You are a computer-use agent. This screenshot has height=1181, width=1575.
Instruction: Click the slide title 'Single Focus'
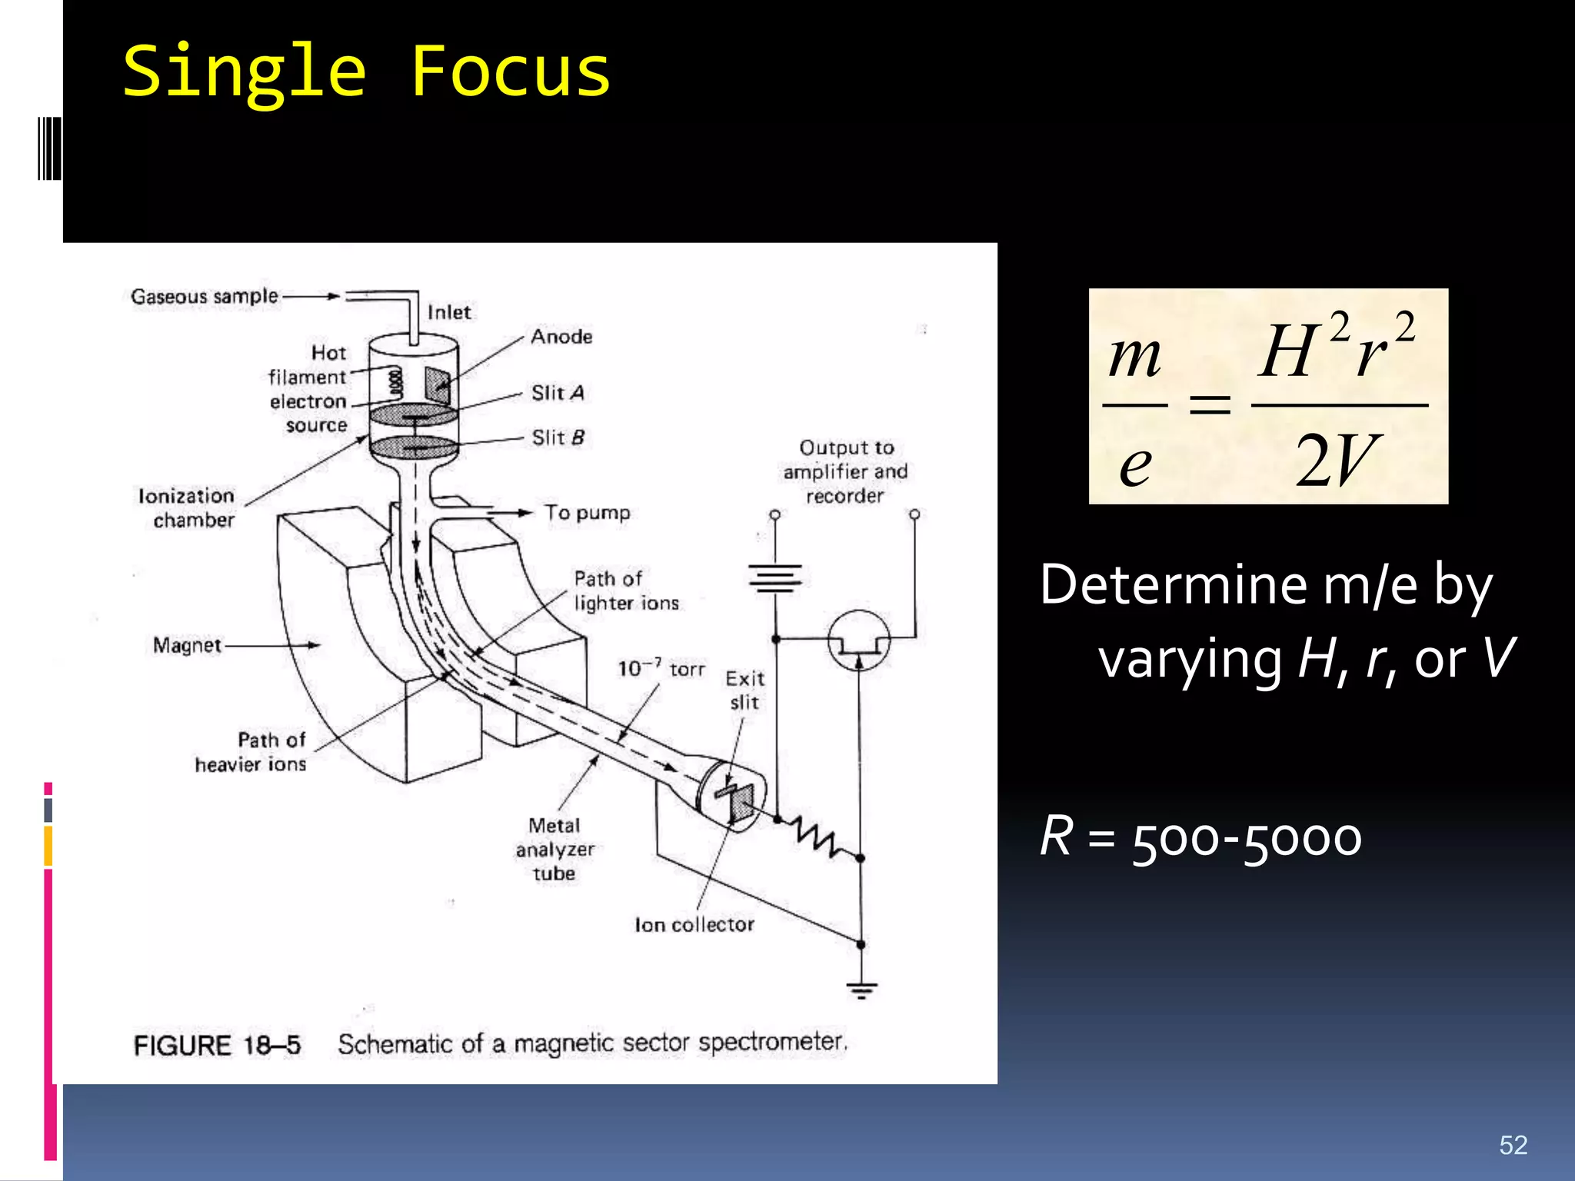[x=366, y=72]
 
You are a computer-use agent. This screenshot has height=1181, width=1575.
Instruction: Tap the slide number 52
[x=1513, y=1145]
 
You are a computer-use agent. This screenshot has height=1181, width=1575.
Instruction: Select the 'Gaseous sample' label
[x=204, y=296]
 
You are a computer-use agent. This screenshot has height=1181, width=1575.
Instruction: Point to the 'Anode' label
[x=561, y=337]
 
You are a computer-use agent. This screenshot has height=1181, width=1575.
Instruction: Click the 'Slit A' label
[x=558, y=393]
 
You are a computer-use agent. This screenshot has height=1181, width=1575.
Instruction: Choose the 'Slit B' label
[x=558, y=437]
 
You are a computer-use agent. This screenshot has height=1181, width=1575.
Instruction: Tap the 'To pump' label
[x=587, y=513]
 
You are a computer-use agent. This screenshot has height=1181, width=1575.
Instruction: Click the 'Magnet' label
[x=187, y=645]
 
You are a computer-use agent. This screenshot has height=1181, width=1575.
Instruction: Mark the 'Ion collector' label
[x=694, y=925]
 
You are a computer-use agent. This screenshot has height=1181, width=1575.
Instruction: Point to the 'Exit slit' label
[x=744, y=690]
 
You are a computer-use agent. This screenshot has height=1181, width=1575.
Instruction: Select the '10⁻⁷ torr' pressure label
[x=661, y=668]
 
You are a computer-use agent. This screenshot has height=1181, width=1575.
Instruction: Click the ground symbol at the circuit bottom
[x=861, y=989]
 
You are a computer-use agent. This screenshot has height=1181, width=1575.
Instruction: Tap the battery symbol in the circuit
[x=775, y=577]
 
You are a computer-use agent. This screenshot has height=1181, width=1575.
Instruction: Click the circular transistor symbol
[x=859, y=640]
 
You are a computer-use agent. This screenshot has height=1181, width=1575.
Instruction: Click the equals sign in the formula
[x=1210, y=404]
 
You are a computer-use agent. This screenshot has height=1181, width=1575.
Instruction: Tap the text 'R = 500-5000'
[x=1200, y=837]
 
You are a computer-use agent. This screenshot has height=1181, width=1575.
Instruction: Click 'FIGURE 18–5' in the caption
[x=217, y=1046]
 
